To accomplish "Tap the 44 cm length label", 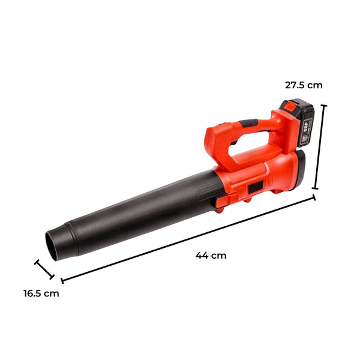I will pyautogui.click(x=211, y=255).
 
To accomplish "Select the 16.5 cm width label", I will pyautogui.click(x=41, y=293).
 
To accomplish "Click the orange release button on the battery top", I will pyautogui.click(x=287, y=104).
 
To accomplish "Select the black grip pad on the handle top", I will pyautogui.click(x=247, y=124).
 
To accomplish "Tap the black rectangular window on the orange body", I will pyautogui.click(x=256, y=188).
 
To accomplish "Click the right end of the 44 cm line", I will pyautogui.click(x=313, y=198).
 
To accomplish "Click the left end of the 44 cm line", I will pyautogui.click(x=62, y=280).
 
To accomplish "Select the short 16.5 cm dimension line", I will pyautogui.click(x=45, y=270).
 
